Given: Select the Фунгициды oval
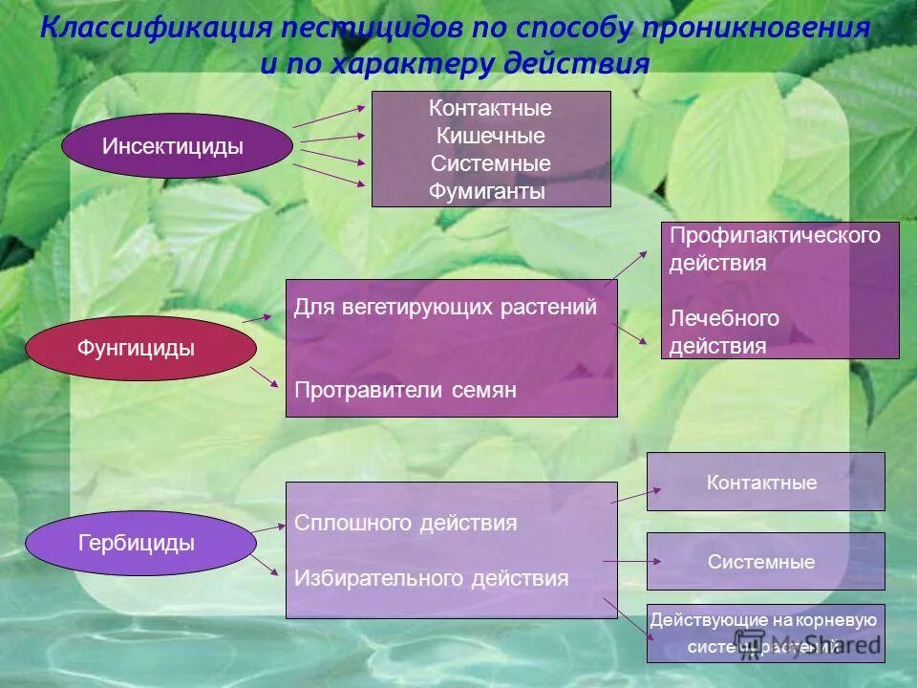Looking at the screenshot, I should click(135, 349).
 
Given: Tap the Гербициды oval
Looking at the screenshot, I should click(139, 544).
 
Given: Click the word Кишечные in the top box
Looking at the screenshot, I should click(490, 136).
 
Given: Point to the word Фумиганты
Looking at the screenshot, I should click(487, 192).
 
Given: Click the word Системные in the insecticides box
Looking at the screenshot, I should click(490, 163).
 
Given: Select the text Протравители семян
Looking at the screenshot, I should click(405, 390).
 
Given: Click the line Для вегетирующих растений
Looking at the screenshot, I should click(445, 307).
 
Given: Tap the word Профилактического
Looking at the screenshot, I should click(774, 235).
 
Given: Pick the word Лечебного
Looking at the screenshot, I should click(724, 317).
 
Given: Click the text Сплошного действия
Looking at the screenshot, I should click(406, 523).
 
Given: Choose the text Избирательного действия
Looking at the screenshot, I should click(431, 578).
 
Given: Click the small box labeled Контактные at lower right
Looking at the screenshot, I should click(765, 482).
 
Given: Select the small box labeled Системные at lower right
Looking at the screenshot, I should click(765, 562).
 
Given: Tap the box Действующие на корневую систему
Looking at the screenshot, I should click(765, 633).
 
